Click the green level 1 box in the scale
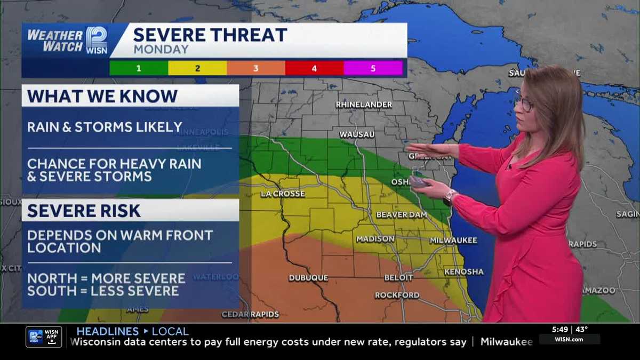[139, 68]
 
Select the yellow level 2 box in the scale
[197, 68]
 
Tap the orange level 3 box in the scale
[256, 68]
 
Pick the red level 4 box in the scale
[315, 68]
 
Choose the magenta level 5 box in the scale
[373, 68]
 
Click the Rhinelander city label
[364, 105]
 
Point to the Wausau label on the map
[357, 134]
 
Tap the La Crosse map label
[283, 194]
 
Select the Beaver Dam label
[402, 215]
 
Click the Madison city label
[375, 239]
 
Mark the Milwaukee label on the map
[453, 241]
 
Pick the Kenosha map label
[464, 271]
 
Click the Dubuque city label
[308, 278]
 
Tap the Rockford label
[397, 295]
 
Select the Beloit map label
[398, 278]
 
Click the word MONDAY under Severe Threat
[161, 50]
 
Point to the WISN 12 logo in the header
[97, 40]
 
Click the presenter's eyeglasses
[525, 103]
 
